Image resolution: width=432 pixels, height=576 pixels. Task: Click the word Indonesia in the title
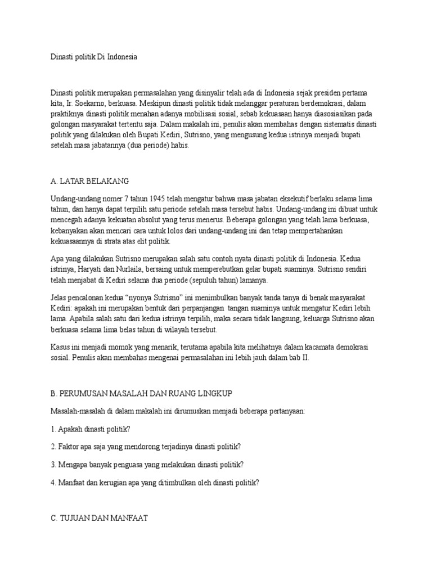(120, 57)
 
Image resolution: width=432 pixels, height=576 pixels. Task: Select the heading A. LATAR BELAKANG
(90, 181)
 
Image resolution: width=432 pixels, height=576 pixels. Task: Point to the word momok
(114, 346)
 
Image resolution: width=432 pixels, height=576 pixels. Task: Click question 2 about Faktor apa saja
(145, 447)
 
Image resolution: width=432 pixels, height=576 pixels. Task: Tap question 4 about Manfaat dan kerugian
(155, 483)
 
